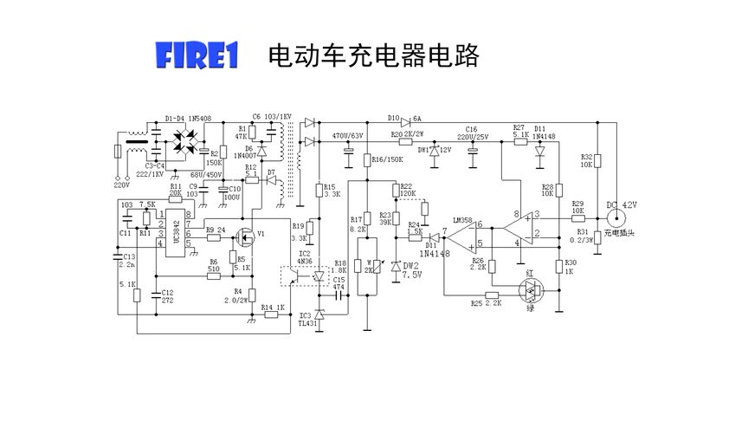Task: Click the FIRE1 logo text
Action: coord(196,56)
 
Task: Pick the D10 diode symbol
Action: coord(405,120)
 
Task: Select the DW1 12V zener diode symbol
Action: coord(435,151)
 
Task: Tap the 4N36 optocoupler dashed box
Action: coord(299,275)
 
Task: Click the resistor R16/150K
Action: coord(367,160)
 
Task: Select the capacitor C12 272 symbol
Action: coord(154,294)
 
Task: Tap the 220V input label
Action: coord(120,185)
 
